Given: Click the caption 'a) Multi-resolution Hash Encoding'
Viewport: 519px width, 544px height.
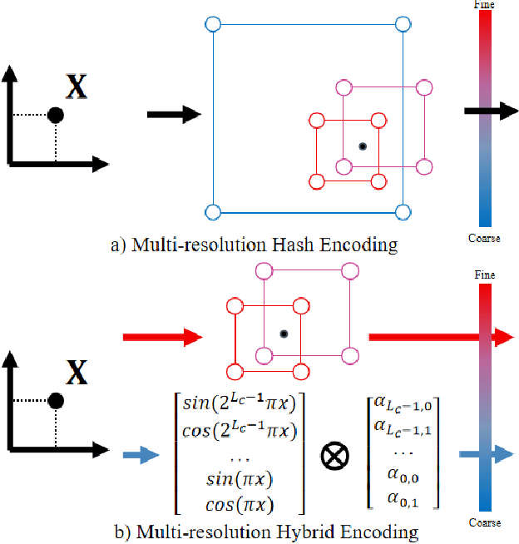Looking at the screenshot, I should pyautogui.click(x=254, y=245).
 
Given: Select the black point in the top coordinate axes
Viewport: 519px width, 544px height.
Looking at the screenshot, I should pyautogui.click(x=55, y=116).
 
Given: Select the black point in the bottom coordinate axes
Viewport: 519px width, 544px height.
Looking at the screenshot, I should pyautogui.click(x=55, y=400).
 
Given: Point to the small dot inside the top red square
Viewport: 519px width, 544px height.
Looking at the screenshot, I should pyautogui.click(x=362, y=146).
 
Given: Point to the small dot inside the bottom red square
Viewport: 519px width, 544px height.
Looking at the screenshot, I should pyautogui.click(x=283, y=334).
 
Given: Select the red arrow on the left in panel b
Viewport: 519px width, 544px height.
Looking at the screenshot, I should pyautogui.click(x=162, y=337).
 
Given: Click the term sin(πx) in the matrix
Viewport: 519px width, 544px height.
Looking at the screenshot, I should pyautogui.click(x=240, y=482).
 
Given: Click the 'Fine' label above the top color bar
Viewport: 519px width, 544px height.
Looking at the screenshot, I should pyautogui.click(x=484, y=5).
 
